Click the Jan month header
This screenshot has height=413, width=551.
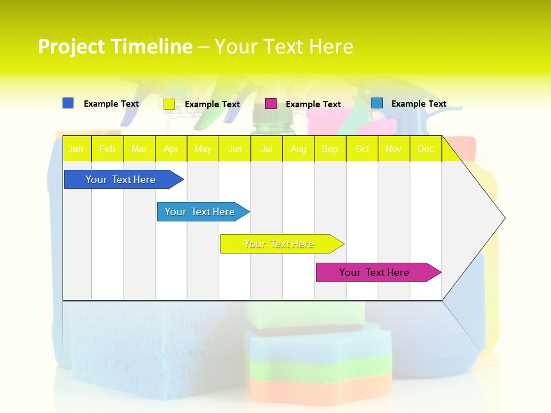[x=76, y=149]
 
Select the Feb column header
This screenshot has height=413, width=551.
[x=107, y=149]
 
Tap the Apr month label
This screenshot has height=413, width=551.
[x=170, y=149]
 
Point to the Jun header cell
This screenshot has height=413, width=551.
[x=235, y=149]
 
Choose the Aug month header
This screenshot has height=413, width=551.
[x=298, y=149]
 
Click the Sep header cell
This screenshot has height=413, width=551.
[x=329, y=149]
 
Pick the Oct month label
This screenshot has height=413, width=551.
[x=362, y=149]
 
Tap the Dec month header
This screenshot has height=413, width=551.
[x=425, y=149]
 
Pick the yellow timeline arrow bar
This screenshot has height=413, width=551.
[x=280, y=244]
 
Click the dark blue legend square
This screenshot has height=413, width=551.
[x=68, y=103]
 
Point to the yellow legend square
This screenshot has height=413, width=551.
[x=169, y=104]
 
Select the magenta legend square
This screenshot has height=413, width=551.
[x=271, y=104]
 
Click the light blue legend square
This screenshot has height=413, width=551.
[x=377, y=103]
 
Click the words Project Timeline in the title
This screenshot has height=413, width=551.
[x=115, y=46]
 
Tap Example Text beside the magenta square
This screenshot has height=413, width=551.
[x=313, y=104]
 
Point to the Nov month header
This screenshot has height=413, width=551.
[x=394, y=149]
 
